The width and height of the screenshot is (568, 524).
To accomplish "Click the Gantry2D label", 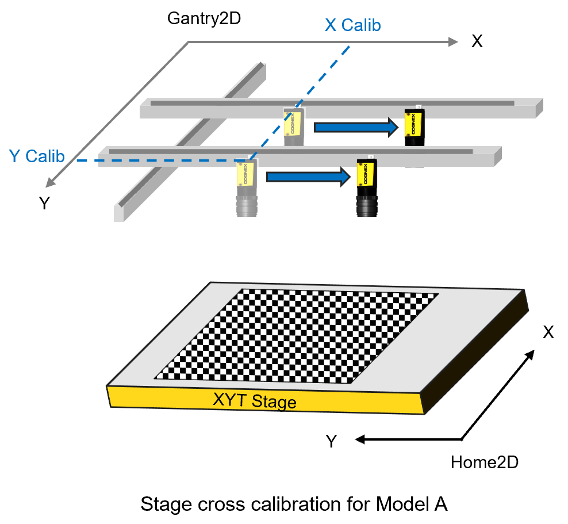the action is [204, 18].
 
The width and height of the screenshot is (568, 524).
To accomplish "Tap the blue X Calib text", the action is [353, 25].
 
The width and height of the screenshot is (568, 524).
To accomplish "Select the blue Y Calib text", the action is [37, 156].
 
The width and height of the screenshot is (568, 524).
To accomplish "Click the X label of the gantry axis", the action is [477, 41].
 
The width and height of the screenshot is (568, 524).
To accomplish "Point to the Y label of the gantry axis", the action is [44, 203].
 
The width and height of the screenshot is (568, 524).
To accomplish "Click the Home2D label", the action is [485, 462].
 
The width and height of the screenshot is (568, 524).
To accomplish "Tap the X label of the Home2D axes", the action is [548, 332].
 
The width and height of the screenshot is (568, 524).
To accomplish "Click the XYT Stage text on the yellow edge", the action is [255, 400].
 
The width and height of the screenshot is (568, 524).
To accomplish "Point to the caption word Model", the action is [398, 504].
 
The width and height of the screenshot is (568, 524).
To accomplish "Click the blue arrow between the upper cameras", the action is [356, 127].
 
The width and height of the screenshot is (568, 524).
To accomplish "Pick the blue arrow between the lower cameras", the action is [308, 177].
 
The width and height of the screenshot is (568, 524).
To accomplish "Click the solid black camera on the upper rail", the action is [415, 128].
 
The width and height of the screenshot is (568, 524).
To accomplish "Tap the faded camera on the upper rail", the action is [294, 127].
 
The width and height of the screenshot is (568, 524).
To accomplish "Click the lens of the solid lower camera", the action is [367, 206].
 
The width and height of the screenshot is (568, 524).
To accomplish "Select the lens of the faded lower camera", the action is [247, 206].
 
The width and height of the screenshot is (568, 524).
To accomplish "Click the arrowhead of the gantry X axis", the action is [454, 41].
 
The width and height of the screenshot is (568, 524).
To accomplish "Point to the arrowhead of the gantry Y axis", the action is [50, 183].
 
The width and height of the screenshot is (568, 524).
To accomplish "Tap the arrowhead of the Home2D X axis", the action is [530, 354].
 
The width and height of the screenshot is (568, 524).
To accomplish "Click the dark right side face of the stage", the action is [474, 351].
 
